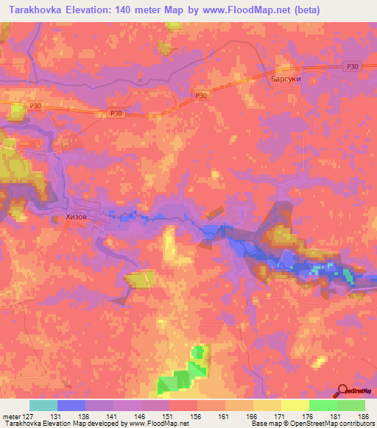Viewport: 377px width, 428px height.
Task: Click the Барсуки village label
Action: click(285, 79)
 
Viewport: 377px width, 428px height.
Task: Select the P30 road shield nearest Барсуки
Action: click(354, 66)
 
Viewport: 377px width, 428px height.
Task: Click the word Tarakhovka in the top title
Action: click(36, 9)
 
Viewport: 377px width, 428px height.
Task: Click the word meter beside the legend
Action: click(12, 415)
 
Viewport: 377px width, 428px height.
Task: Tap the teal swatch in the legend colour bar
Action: click(43, 405)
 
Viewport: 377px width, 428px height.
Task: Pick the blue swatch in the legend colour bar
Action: click(71, 405)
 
